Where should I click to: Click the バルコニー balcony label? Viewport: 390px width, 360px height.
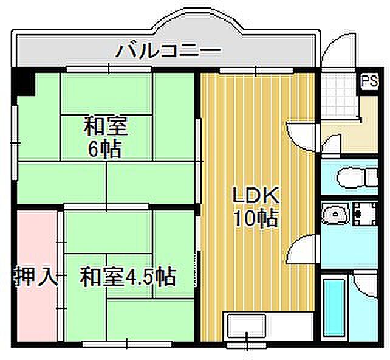[169, 51]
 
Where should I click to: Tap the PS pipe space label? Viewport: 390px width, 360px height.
[369, 81]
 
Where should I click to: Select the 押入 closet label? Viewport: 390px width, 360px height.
[36, 276]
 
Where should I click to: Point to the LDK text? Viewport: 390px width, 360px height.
[255, 195]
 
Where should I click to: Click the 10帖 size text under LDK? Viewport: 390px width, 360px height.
[256, 218]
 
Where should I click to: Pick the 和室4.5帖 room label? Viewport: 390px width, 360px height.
[128, 276]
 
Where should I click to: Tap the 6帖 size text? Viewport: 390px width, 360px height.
[105, 149]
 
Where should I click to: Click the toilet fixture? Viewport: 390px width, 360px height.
[357, 177]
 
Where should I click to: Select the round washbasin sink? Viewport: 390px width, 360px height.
[335, 213]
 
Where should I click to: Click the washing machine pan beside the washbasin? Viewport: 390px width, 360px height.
[365, 214]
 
